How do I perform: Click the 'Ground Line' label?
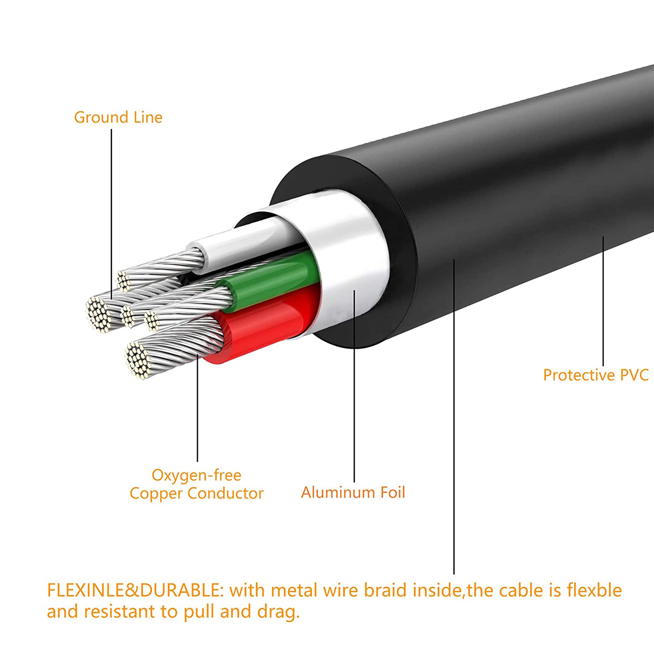[118, 117]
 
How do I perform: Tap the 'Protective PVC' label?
[596, 375]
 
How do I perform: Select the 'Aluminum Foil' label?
[353, 492]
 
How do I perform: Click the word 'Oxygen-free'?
[196, 475]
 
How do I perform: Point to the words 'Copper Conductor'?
[196, 493]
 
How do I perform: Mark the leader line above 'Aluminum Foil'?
[354, 389]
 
